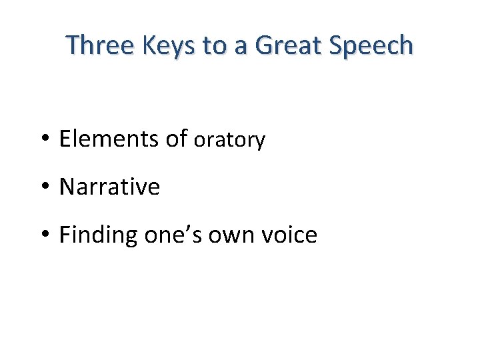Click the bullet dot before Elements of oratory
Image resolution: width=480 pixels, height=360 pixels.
coord(46,139)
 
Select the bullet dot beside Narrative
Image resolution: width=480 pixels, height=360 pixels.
coord(46,187)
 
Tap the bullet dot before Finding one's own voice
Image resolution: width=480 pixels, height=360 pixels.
coord(46,235)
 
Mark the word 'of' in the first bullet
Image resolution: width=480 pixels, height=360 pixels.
coord(177,139)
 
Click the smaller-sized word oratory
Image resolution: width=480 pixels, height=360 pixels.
coord(229,141)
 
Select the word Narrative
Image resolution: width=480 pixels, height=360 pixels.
coord(109,187)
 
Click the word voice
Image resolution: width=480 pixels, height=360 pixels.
coord(291,235)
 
